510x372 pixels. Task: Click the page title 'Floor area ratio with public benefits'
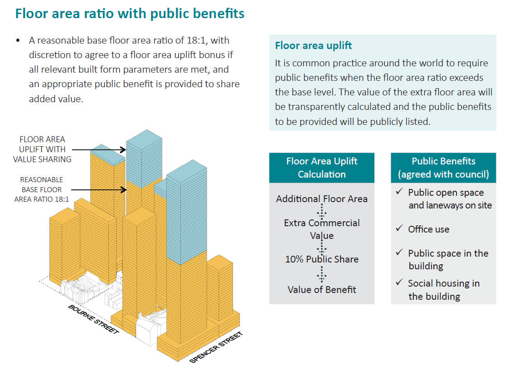[130, 13]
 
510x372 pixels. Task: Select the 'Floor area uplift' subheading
[313, 46]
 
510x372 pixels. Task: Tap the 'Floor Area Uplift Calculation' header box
[322, 168]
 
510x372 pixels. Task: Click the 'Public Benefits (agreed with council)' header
[443, 168]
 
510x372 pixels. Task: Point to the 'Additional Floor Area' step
[322, 198]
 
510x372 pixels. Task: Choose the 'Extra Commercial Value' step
[322, 229]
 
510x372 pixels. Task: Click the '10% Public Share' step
[322, 259]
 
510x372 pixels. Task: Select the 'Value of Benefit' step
[322, 289]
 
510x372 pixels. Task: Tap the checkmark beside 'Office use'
[399, 228]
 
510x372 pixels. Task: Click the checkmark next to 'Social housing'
[399, 282]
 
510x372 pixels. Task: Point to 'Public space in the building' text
[448, 259]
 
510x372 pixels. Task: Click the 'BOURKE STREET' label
[93, 319]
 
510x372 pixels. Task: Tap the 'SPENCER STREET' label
[216, 347]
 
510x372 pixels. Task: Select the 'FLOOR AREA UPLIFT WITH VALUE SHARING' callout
[42, 149]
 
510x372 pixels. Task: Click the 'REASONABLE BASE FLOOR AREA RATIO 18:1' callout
[42, 189]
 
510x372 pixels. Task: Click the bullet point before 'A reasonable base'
[18, 41]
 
